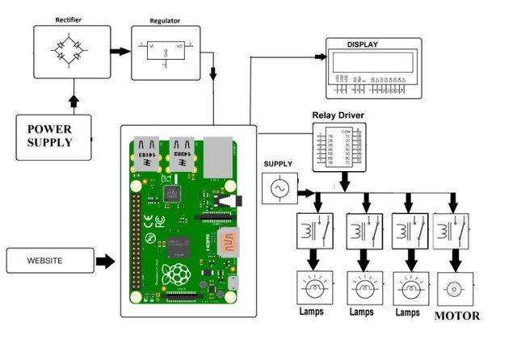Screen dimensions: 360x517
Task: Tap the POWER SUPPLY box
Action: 54,136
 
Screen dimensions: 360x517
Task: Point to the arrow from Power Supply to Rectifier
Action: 74,101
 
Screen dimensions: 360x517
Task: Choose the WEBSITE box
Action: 50,261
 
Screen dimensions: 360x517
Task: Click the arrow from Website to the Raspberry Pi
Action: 105,261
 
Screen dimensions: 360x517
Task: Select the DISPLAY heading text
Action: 363,44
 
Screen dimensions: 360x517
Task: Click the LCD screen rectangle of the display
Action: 372,61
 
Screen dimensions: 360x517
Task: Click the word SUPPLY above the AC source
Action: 279,164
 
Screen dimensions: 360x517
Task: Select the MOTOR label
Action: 457,316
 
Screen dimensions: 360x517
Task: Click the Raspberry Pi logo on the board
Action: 176,274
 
